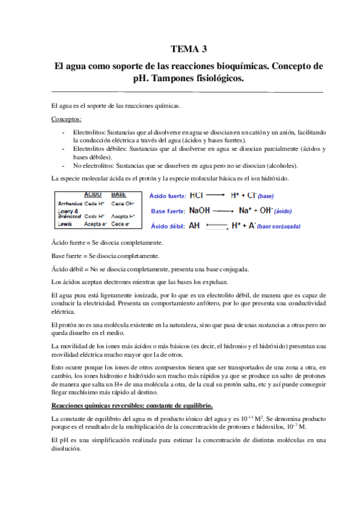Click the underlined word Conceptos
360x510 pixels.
(67, 119)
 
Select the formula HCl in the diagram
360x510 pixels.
(197, 195)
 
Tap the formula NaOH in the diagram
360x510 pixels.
(200, 210)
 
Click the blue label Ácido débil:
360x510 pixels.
(166, 226)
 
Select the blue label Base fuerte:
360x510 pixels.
(166, 211)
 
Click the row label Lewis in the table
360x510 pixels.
(65, 224)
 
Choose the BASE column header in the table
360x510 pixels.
(118, 195)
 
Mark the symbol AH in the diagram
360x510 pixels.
(195, 226)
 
